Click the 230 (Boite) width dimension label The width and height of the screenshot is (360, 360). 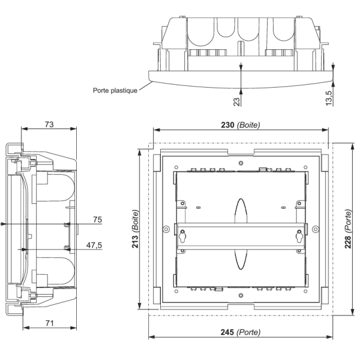tap(240, 124)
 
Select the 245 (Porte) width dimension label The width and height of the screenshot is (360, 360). tap(240, 331)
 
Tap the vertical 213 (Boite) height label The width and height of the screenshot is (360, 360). tap(136, 228)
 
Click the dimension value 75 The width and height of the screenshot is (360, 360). tap(95, 220)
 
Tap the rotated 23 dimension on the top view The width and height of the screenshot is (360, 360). tap(236, 101)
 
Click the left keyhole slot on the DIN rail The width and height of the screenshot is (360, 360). tap(184, 237)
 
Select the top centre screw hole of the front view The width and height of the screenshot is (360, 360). tap(241, 163)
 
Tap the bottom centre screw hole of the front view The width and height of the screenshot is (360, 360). tap(241, 295)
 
